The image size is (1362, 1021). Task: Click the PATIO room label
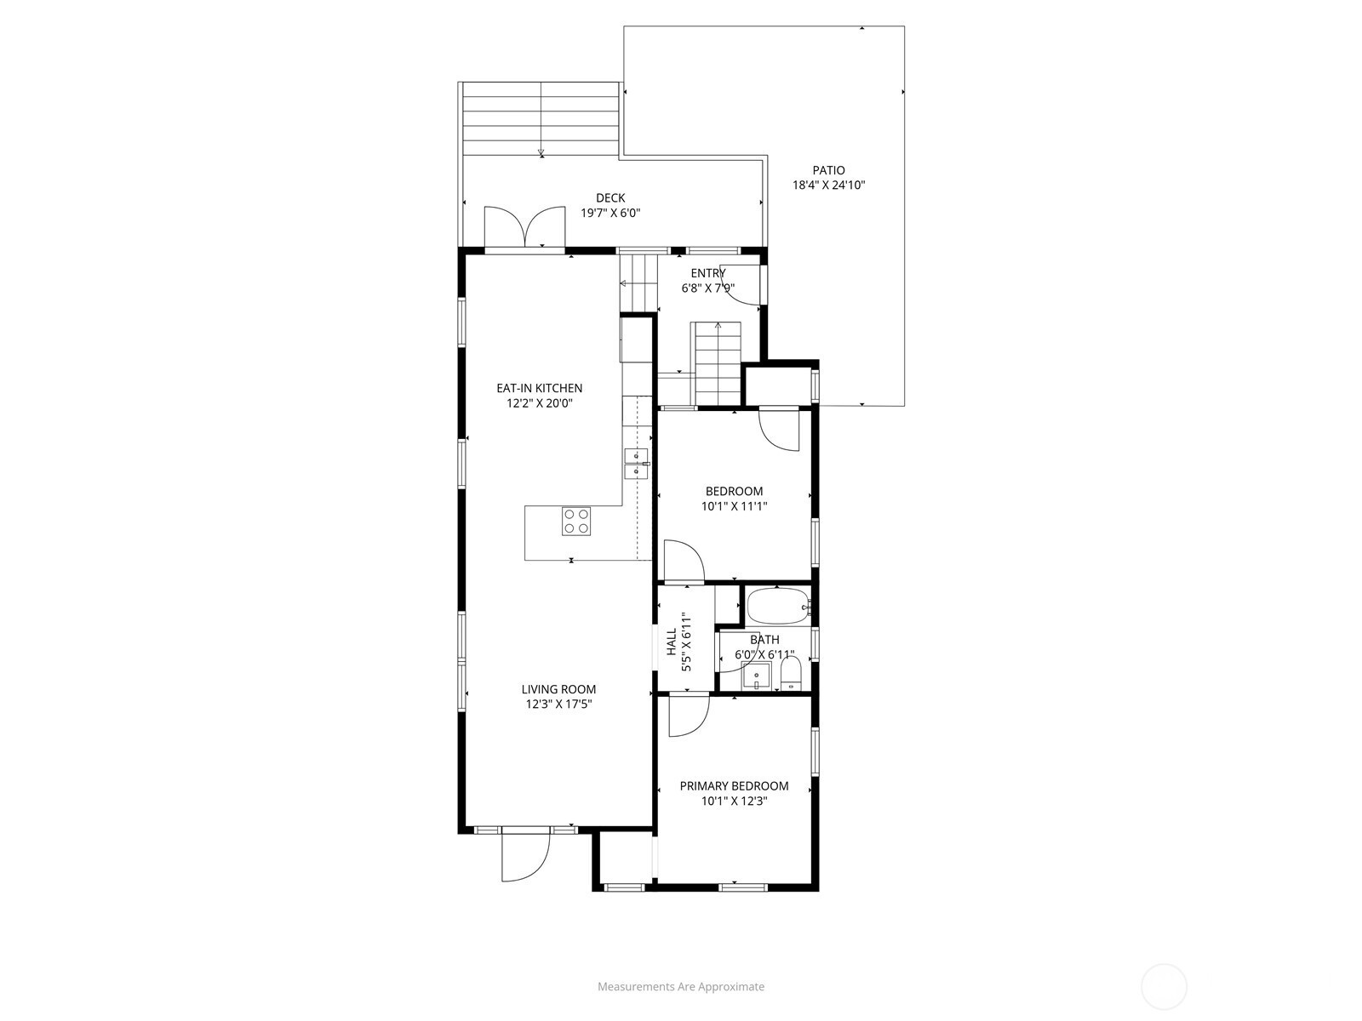(x=828, y=170)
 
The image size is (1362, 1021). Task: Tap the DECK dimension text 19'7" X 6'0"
(x=610, y=214)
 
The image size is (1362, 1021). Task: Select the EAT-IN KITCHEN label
(x=539, y=388)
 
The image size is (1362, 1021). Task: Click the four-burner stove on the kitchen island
(x=575, y=521)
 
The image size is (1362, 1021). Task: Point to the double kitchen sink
(x=636, y=463)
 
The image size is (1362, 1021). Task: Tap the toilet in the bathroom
(x=791, y=673)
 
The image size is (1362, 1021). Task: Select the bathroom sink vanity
(x=756, y=676)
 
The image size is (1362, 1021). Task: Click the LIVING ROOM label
(x=558, y=688)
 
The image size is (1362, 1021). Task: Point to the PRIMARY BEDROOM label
(x=734, y=785)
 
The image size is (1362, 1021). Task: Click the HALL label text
(x=672, y=642)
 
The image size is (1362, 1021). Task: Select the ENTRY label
(x=707, y=273)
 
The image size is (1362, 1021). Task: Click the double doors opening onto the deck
(x=525, y=227)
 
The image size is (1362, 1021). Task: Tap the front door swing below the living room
(x=525, y=855)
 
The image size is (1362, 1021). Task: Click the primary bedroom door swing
(x=689, y=716)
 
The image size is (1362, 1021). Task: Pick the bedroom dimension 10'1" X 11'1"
(x=734, y=506)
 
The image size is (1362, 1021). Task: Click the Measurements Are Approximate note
(x=681, y=986)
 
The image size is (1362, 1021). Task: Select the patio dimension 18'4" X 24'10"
(x=828, y=185)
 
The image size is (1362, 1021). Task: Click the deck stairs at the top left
(x=541, y=120)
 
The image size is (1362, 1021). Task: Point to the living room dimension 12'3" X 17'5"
(x=558, y=704)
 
